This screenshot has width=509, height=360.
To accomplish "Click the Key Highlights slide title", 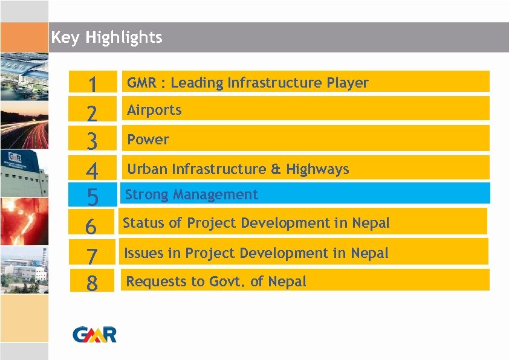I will [106, 37].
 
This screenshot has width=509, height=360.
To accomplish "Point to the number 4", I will [92, 170].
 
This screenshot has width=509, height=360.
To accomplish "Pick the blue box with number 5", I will [92, 196].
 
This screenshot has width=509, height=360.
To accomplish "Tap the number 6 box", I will [91, 226].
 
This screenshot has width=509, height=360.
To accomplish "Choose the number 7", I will [92, 256].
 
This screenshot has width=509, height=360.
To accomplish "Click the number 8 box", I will [92, 282].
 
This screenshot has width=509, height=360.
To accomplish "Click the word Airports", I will [154, 110].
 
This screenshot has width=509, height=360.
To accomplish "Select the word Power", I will [148, 140].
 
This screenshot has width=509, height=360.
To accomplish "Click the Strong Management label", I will [191, 194].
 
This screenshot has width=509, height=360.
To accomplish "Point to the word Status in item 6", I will [143, 223].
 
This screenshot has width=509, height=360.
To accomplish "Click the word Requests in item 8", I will [152, 281].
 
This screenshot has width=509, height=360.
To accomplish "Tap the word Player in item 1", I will [348, 83].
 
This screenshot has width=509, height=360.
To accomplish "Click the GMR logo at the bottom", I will [94, 334].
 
